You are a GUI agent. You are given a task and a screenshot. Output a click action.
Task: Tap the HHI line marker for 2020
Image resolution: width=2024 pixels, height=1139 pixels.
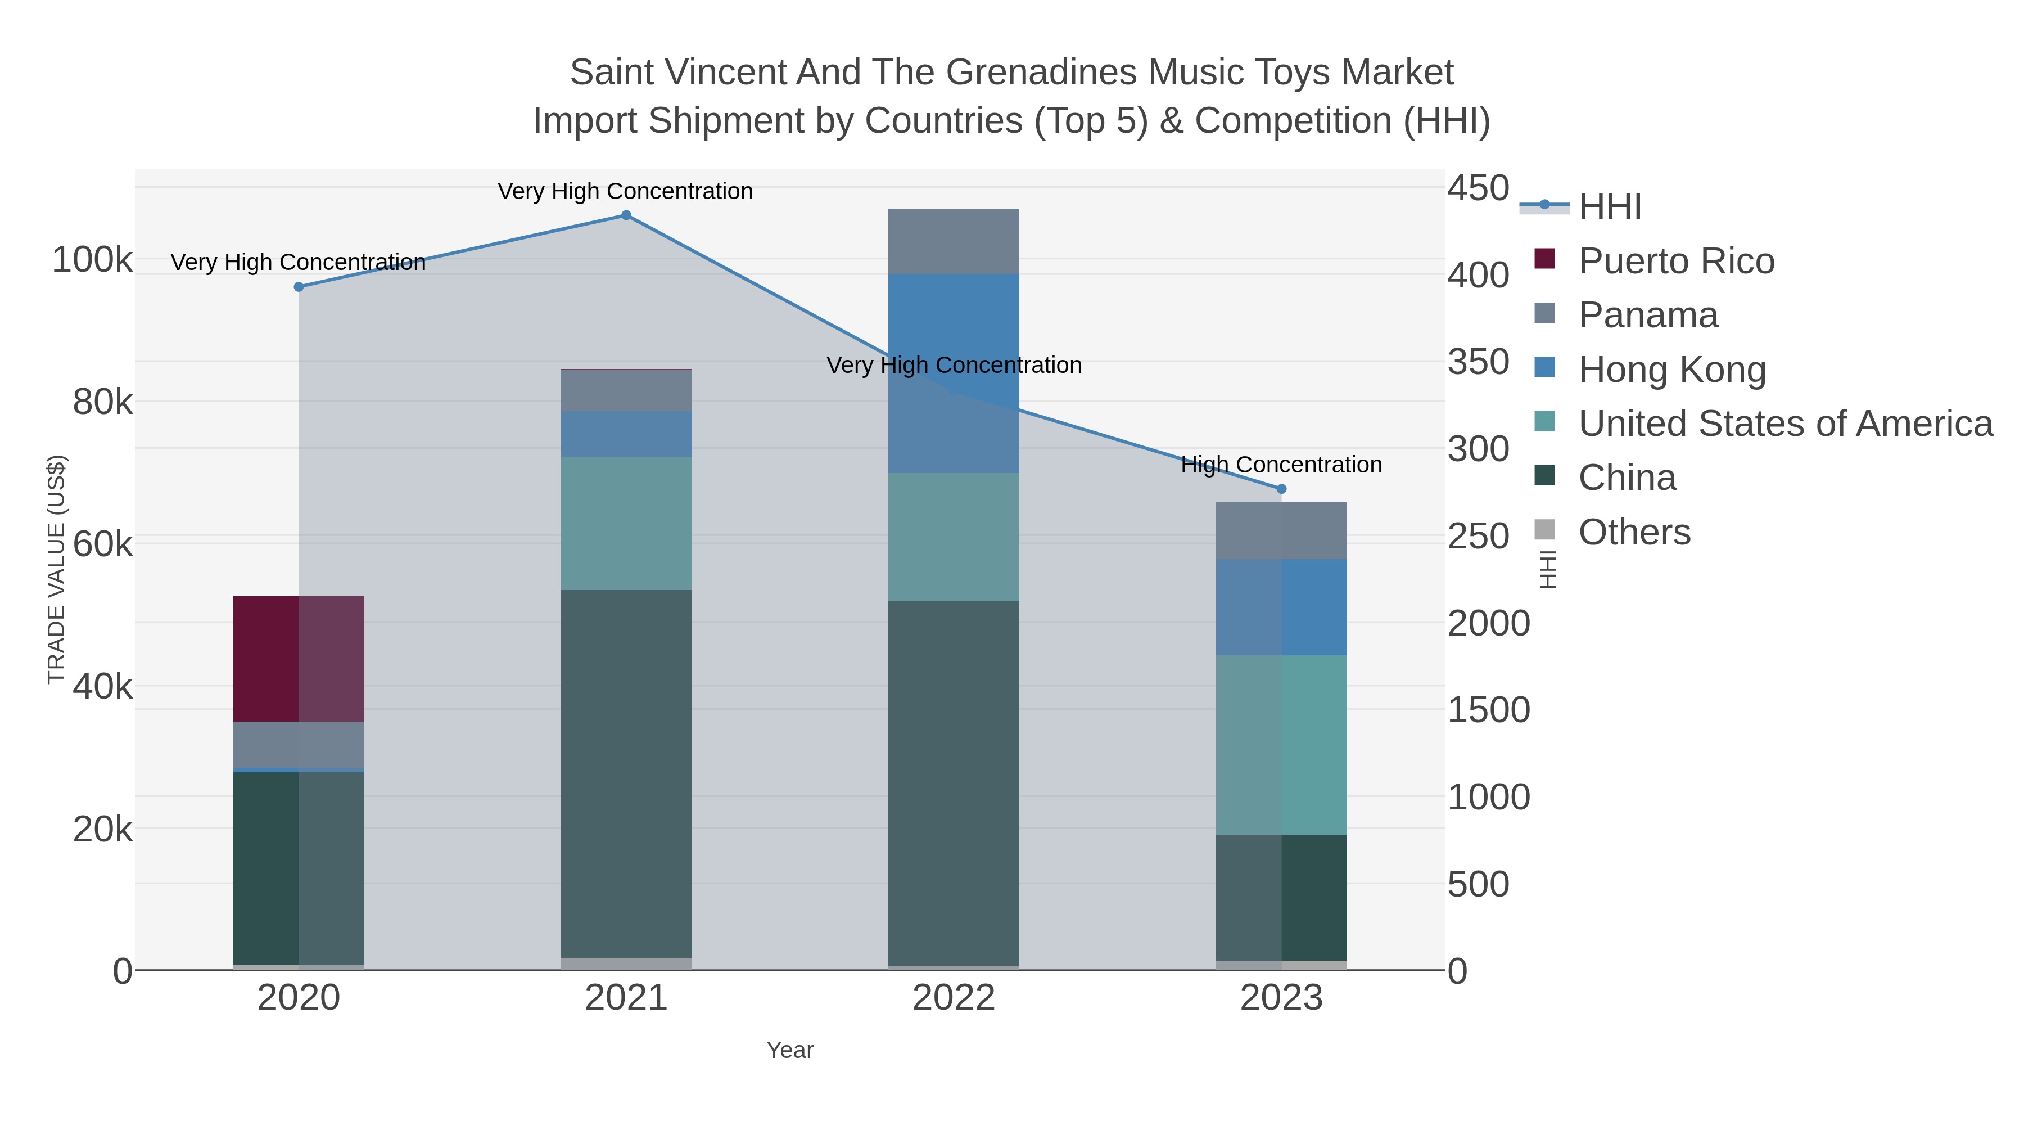click(x=299, y=287)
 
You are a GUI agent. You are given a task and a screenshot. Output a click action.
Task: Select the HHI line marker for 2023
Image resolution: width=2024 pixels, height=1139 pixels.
click(x=1281, y=489)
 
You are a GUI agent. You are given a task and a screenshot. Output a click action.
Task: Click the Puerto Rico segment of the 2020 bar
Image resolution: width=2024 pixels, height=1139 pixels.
click(x=299, y=659)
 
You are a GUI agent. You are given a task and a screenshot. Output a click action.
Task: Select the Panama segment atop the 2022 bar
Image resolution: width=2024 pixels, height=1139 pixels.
click(x=953, y=241)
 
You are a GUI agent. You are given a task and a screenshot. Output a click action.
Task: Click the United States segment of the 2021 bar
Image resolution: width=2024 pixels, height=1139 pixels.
click(x=626, y=524)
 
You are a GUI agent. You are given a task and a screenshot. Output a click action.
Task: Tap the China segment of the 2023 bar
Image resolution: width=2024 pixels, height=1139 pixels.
click(x=1281, y=897)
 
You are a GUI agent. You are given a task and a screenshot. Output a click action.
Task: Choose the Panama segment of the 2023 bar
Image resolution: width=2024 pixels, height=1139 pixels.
click(x=1281, y=530)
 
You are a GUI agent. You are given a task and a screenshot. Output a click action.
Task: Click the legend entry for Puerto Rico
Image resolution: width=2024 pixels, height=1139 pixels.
click(x=1676, y=261)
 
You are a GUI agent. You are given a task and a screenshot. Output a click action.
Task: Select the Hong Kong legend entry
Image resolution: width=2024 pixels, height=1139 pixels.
click(x=1671, y=370)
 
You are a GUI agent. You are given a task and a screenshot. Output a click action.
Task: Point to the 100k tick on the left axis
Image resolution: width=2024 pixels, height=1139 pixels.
click(x=93, y=260)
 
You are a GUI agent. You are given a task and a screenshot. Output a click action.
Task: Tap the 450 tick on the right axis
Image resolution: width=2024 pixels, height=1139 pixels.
click(x=1478, y=188)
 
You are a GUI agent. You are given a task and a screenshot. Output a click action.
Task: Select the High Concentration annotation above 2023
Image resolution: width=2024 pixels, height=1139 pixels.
click(x=1281, y=465)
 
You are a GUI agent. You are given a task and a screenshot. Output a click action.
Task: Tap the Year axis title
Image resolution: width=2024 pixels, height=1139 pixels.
click(x=790, y=1050)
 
